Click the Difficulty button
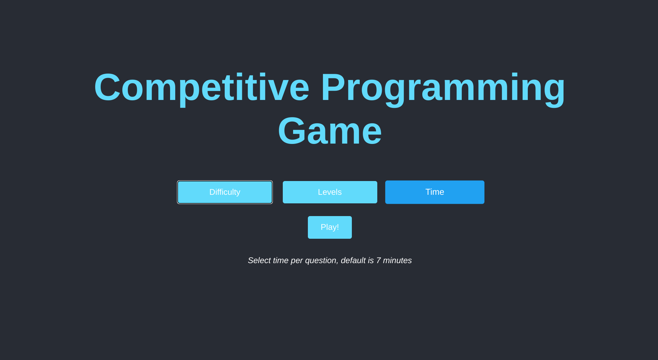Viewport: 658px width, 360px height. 225,192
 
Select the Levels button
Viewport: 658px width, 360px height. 330,192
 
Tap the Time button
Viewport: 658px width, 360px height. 435,192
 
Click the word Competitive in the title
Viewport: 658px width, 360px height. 202,88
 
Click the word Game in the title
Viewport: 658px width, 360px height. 330,131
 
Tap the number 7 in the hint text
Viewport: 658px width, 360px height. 378,260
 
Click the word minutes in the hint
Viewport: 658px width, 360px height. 397,260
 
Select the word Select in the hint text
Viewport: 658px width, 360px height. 259,260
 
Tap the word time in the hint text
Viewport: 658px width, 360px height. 281,260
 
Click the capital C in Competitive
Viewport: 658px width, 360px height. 107,87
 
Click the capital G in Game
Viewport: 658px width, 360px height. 291,131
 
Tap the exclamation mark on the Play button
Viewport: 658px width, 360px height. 337,227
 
